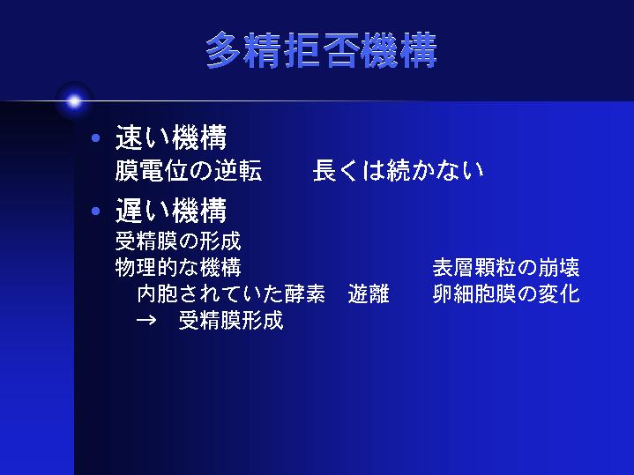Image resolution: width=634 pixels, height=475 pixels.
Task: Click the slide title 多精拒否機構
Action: [x=322, y=50]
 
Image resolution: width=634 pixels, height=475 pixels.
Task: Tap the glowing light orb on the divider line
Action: [x=74, y=101]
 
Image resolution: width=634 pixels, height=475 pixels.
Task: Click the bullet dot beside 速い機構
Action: [x=96, y=138]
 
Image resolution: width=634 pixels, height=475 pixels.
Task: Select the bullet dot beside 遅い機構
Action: [x=96, y=211]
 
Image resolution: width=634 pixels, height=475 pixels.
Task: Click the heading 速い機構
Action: [x=171, y=137]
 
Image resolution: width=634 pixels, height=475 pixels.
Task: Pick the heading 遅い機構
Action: [x=171, y=211]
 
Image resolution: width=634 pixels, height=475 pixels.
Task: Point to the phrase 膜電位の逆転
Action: [x=189, y=170]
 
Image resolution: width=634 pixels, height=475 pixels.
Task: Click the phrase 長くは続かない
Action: [x=399, y=170]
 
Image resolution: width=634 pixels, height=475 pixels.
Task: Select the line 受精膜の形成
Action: [x=178, y=241]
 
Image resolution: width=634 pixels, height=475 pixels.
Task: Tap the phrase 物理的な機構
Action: [x=178, y=267]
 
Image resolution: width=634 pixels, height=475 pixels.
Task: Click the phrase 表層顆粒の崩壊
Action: [x=506, y=267]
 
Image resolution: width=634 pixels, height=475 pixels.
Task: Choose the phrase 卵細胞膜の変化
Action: [x=506, y=293]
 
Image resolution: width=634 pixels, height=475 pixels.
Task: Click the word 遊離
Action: [x=369, y=293]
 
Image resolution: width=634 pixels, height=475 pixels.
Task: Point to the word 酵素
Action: [x=304, y=293]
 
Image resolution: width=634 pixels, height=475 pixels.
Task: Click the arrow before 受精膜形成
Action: [x=146, y=320]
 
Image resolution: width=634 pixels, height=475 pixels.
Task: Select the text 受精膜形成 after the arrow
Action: [x=231, y=320]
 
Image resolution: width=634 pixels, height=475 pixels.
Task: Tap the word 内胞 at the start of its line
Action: [x=157, y=293]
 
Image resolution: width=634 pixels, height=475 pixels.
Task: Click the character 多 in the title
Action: [x=224, y=50]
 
